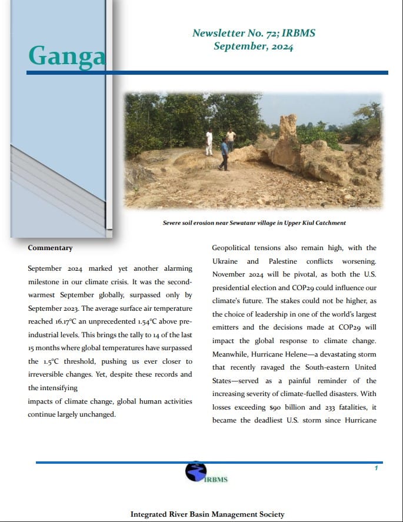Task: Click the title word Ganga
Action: (x=67, y=55)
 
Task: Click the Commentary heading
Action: (x=50, y=248)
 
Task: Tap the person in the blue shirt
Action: (x=224, y=154)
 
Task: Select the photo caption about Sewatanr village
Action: (x=254, y=223)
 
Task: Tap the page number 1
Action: (x=376, y=468)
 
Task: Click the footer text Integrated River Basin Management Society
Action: (x=207, y=514)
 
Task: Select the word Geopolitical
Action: (x=234, y=248)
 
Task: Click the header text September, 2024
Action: (x=254, y=46)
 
